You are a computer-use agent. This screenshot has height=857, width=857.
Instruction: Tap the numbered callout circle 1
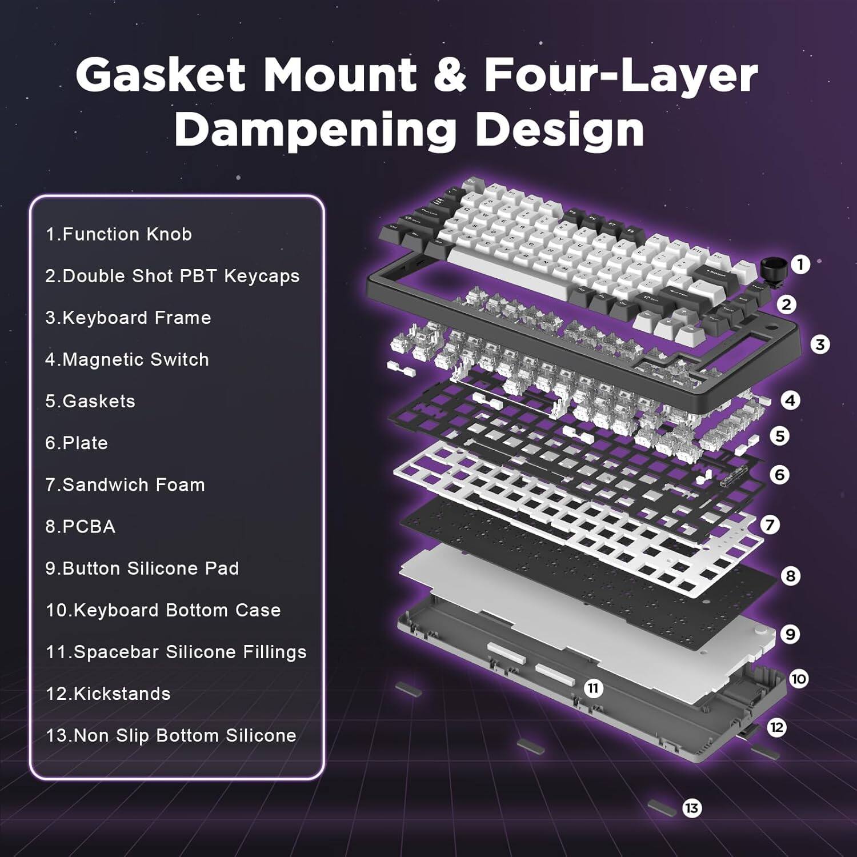800,264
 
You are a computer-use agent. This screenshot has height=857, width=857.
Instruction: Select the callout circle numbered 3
820,345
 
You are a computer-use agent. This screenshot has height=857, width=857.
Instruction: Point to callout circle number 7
770,524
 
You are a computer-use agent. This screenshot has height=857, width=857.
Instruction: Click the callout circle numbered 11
593,688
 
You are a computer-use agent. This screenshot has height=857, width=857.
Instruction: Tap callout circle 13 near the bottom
691,808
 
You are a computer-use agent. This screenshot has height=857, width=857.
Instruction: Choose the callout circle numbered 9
790,634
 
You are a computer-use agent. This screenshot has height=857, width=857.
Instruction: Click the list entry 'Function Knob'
119,234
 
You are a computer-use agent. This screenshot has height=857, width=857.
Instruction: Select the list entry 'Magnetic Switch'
127,359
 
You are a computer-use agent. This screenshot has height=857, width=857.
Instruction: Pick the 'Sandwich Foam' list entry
125,484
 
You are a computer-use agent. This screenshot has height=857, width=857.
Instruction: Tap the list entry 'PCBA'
81,526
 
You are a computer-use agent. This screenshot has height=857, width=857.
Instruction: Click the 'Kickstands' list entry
108,694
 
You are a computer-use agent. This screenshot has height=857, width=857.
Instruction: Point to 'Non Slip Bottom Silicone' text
171,735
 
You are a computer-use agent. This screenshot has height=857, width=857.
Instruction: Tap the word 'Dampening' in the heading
315,129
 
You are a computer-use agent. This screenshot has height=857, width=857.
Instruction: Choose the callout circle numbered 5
779,436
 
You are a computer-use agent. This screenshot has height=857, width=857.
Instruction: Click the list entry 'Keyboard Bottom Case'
163,610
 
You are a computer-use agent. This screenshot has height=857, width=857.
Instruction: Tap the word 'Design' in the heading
560,129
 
